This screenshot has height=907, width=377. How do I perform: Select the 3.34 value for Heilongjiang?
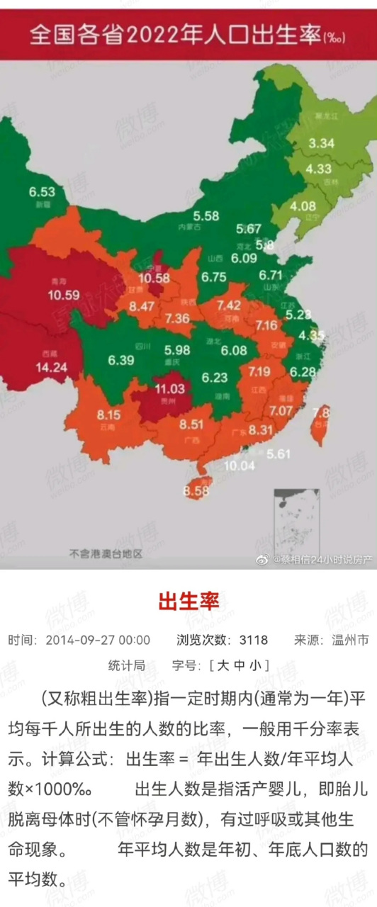(321, 143)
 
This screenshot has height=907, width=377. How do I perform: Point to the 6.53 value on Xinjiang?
(42, 191)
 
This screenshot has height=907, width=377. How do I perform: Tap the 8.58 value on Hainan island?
(196, 490)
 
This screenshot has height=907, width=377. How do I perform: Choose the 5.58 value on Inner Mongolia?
(206, 216)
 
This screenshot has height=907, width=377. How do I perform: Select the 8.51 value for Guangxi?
(191, 425)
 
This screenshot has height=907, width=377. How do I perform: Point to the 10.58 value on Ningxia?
(154, 278)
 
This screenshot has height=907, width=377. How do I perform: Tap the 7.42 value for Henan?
(232, 305)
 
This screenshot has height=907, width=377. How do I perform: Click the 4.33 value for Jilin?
(319, 169)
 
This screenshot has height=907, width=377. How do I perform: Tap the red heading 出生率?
(188, 602)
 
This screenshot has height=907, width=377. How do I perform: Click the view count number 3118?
(253, 640)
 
